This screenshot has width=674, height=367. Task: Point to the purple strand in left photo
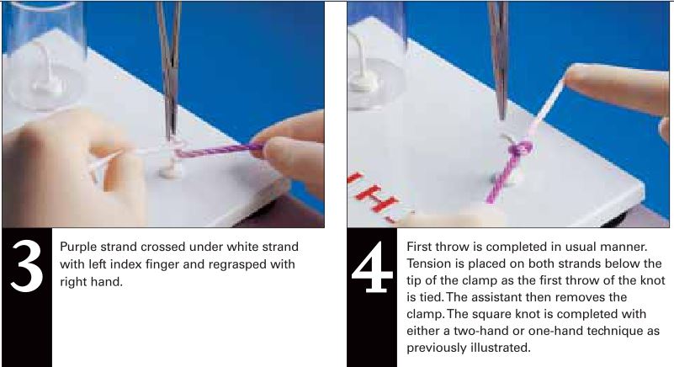pyautogui.click(x=227, y=150)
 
